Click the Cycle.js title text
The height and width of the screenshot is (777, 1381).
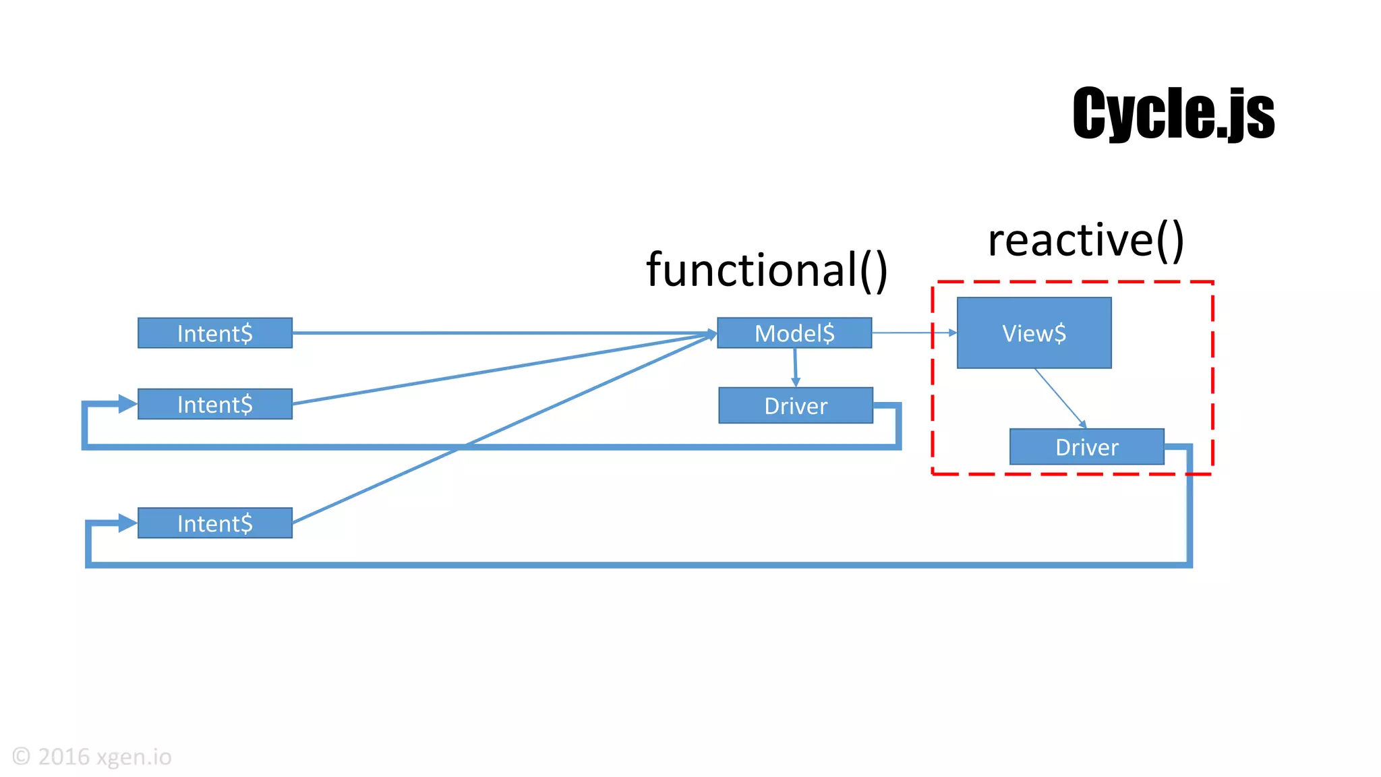1173,113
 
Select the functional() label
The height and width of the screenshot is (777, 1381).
767,270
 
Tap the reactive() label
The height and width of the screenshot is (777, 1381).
1086,240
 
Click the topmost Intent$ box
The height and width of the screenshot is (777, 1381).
215,333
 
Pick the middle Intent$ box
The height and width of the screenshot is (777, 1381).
215,404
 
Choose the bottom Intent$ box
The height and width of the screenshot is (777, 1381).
215,523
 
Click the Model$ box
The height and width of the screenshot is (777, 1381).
794,333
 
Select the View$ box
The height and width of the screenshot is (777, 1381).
1034,333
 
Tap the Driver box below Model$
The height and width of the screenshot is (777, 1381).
796,405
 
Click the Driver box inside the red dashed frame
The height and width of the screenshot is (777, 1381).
1086,447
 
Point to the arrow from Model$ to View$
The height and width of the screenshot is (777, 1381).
914,333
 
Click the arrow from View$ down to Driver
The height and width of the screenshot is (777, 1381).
1060,398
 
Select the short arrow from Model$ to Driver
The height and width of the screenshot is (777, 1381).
796,368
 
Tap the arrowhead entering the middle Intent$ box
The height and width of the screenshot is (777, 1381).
127,404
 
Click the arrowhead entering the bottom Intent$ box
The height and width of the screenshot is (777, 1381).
127,523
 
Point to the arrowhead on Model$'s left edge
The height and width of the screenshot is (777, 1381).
712,334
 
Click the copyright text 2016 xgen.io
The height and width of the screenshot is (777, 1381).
92,757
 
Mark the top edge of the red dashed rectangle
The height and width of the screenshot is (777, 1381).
1072,282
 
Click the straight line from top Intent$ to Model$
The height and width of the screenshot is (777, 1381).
499,333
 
